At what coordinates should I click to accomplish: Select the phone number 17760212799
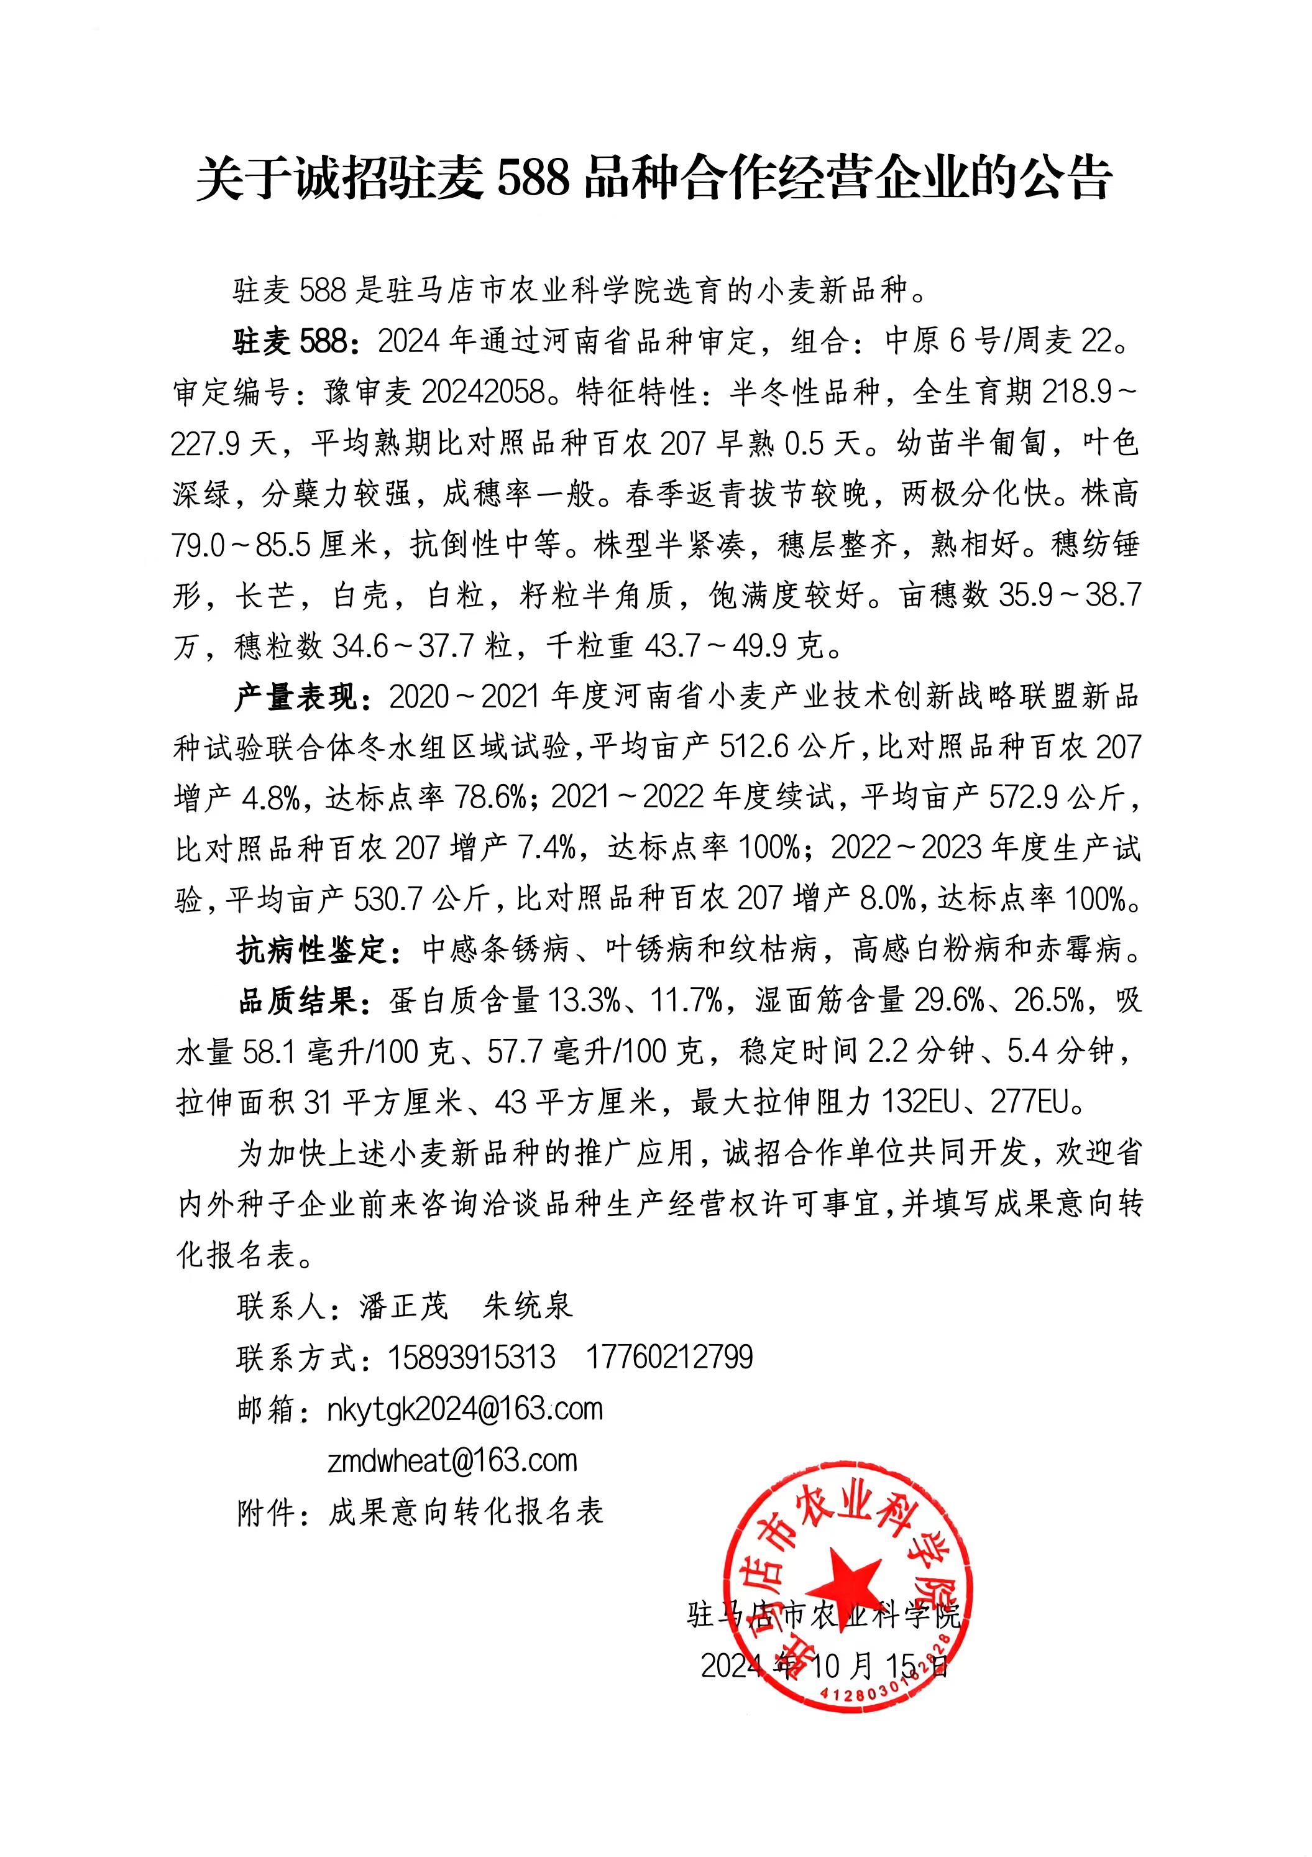click(x=669, y=1357)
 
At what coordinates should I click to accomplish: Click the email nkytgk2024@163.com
click(x=465, y=1409)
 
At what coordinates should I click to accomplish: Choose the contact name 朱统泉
click(x=527, y=1306)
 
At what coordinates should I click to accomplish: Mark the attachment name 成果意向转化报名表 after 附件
click(x=466, y=1511)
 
